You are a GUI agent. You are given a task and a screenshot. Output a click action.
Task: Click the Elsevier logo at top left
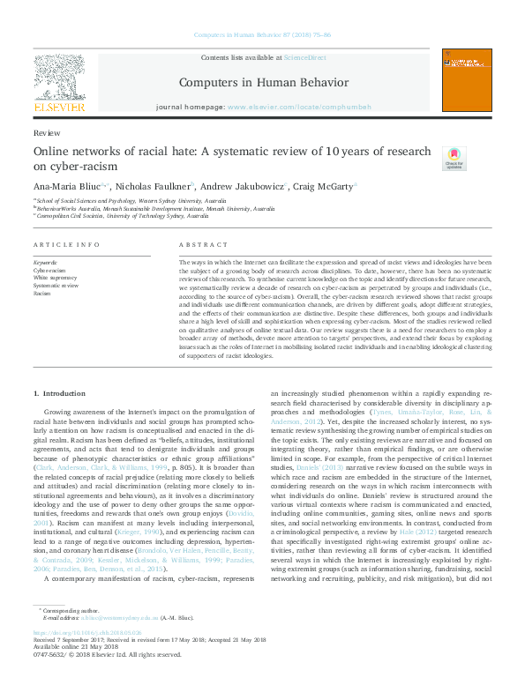click(61, 85)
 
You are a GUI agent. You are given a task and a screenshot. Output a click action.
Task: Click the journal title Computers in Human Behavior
click(265, 83)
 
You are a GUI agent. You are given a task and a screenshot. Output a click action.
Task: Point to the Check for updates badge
click(454, 157)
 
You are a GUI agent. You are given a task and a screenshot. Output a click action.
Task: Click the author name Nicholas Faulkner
click(155, 186)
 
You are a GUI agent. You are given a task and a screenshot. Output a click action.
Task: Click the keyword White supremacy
click(53, 277)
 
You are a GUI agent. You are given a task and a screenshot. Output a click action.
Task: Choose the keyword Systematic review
click(56, 285)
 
